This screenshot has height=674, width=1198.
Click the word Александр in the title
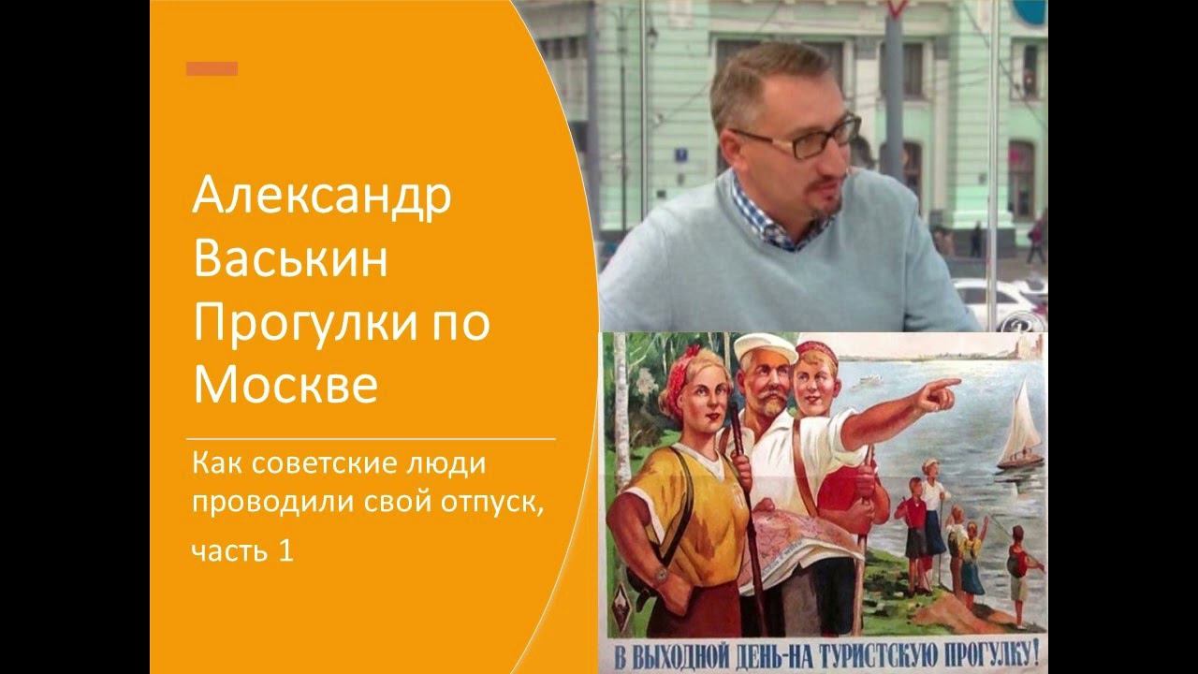click(x=322, y=198)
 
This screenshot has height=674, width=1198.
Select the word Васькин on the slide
click(x=289, y=259)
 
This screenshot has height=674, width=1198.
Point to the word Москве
click(x=285, y=385)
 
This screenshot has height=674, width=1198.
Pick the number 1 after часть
click(x=285, y=552)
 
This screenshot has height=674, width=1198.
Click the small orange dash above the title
click(x=212, y=68)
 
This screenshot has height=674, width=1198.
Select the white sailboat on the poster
click(x=1020, y=431)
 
